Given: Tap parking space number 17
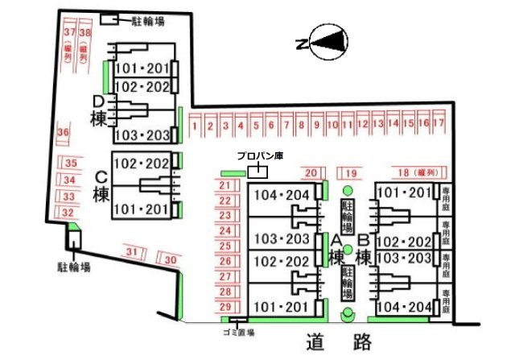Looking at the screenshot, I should pos(439,124).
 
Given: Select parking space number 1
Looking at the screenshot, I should pos(194,125).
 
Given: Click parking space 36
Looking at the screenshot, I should pos(64,132).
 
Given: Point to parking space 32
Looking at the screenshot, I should pos(69,213).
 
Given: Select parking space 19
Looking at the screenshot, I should pos(349,172).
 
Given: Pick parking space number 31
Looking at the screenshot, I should pos(134,254).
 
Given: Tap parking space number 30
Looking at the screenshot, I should pos(169,260).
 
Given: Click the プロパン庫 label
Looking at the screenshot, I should pos(257,155).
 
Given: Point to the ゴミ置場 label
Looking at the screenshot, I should pos(237,331).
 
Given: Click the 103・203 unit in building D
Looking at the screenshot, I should pos(142,134).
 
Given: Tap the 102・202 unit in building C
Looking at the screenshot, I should pos(142,163).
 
